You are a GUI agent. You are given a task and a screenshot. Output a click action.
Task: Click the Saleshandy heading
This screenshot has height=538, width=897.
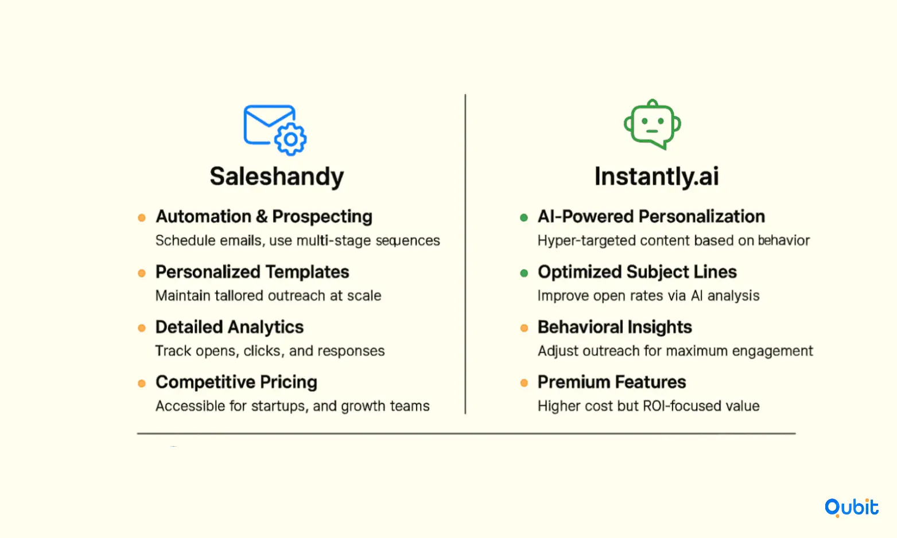pos(277,177)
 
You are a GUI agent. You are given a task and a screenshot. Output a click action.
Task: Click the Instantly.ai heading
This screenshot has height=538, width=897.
pos(657,177)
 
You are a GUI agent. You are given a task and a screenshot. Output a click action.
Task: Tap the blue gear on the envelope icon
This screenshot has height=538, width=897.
pos(290,139)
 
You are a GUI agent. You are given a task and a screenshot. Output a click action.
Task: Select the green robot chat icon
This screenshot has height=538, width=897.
pos(653,124)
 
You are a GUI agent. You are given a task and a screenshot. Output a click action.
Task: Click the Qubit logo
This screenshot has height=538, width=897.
pos(851,508)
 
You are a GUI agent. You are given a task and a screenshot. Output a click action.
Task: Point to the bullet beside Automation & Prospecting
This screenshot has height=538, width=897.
pos(141,218)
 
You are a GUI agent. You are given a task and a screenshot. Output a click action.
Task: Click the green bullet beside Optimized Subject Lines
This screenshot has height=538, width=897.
pos(524,273)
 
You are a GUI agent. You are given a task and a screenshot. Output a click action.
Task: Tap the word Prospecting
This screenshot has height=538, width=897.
pos(322,217)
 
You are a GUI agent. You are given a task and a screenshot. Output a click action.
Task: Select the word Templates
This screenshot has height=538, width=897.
pos(307,272)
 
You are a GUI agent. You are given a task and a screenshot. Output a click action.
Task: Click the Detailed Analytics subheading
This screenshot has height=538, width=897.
pos(230,328)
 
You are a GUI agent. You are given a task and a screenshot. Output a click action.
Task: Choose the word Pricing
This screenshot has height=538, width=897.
pos(288,383)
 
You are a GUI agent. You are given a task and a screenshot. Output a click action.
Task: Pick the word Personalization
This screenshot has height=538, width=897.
pos(702,217)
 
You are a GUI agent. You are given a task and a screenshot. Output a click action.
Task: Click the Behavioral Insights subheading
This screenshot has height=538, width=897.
pos(615,327)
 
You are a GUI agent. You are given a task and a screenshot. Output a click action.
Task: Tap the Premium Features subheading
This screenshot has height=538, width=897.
pos(611,382)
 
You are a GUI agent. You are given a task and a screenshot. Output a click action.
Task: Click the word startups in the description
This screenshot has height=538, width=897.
pos(280,406)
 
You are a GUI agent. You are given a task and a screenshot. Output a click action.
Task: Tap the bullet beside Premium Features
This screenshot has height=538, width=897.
pos(524,383)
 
